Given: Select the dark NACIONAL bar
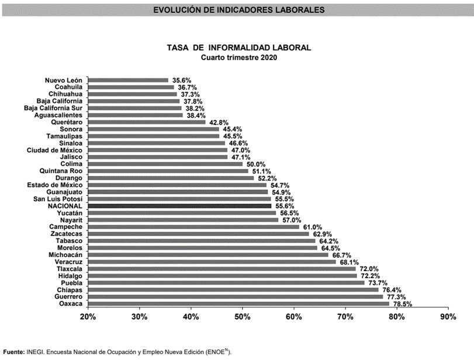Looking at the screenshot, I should point(179,206).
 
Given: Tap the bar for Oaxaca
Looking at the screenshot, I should point(238,304).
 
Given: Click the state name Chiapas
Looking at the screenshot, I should point(70,290).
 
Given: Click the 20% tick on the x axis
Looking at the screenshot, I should point(88,317).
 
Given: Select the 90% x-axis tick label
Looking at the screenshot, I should point(448,317).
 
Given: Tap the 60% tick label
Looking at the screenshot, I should point(294,317).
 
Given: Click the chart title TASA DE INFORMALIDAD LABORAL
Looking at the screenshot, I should point(239,47).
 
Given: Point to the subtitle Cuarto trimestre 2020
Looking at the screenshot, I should point(239,57).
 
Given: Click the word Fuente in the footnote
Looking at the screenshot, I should point(13,352).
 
